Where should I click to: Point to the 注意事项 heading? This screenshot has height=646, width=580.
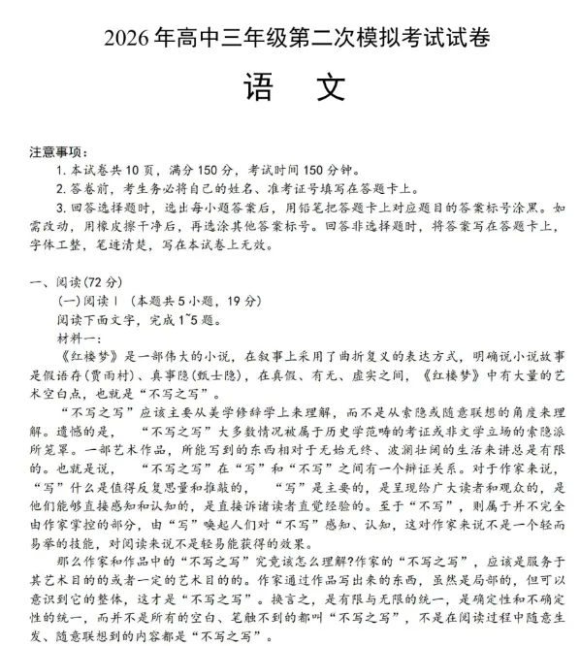click(58, 153)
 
